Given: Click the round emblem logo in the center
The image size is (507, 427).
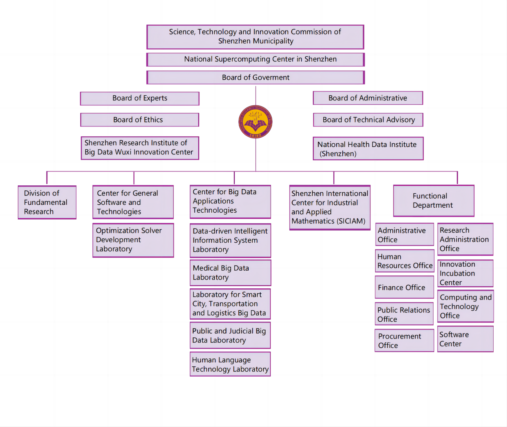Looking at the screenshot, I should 255,122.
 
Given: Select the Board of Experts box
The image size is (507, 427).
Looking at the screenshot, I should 140,99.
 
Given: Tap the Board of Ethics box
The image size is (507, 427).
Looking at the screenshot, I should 140,120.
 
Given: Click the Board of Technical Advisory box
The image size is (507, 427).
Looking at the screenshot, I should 368,120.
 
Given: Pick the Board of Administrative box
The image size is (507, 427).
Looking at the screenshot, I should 368,98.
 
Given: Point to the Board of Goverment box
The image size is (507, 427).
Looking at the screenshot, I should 255,77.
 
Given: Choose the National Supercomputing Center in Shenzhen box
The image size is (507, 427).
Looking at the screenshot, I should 255,59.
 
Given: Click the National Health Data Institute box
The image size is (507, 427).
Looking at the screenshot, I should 368,149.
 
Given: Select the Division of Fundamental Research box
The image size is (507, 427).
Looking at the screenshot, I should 47,202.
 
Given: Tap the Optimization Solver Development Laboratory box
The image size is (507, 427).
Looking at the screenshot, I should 133,240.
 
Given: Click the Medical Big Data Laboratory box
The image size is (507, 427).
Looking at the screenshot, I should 230,273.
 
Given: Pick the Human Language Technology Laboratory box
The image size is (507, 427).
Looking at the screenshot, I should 230,364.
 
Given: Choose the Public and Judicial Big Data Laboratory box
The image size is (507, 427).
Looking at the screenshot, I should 230,335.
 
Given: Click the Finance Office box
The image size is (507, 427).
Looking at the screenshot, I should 404,287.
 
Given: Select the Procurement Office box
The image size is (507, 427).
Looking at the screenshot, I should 404,341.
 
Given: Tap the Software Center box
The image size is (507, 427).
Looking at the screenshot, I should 465,339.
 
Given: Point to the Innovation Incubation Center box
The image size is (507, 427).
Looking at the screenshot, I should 465,273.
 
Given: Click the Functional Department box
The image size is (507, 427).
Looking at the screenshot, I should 434,201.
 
